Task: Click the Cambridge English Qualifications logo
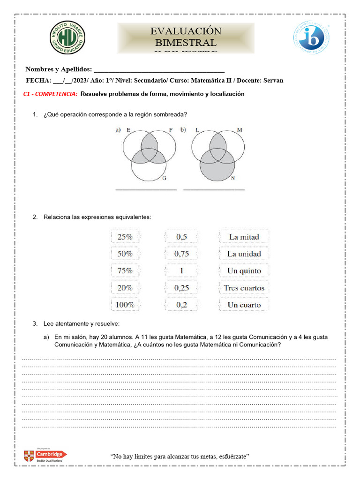click(x=46, y=455)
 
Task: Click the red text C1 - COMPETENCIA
click(x=51, y=94)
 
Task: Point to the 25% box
click(x=125, y=237)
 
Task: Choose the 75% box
click(x=125, y=271)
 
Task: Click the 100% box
click(x=125, y=305)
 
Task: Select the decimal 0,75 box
click(x=181, y=254)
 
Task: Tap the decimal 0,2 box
click(x=181, y=305)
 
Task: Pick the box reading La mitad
click(x=244, y=237)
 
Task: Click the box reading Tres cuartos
click(x=244, y=288)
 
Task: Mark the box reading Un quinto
click(x=244, y=271)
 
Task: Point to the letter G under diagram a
click(x=164, y=179)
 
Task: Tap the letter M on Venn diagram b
click(x=240, y=129)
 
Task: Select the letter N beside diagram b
click(x=233, y=179)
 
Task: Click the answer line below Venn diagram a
click(x=146, y=189)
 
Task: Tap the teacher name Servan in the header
click(x=273, y=81)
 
